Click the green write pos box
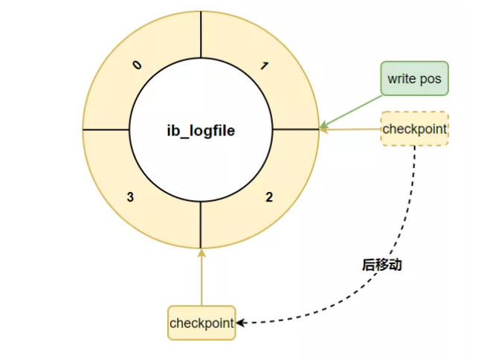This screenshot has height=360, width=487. click(414, 78)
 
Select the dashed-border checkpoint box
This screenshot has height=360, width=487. click(414, 129)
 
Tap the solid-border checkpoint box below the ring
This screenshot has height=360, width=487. click(201, 323)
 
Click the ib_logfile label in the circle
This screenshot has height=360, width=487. click(201, 130)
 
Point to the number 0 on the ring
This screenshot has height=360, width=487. click(136, 65)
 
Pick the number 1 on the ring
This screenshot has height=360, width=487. click(265, 65)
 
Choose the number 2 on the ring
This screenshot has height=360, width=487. click(268, 197)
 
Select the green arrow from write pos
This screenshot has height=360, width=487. click(353, 111)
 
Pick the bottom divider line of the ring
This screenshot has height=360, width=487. click(201, 225)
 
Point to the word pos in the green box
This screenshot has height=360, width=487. click(433, 78)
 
